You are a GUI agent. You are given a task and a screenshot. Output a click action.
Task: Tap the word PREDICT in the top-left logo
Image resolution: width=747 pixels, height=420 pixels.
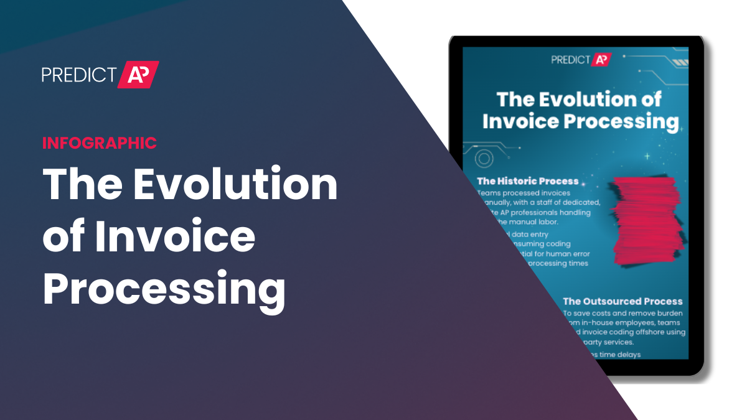click(78, 75)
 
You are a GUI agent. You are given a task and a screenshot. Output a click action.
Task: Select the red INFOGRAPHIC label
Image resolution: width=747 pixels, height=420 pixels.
click(100, 142)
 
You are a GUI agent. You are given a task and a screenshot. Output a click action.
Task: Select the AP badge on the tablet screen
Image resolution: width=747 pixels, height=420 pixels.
click(601, 60)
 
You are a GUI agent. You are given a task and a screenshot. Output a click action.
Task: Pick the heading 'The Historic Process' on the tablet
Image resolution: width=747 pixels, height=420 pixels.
click(527, 181)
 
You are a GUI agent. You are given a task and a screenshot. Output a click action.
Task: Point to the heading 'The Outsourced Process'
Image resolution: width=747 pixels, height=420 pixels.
click(622, 301)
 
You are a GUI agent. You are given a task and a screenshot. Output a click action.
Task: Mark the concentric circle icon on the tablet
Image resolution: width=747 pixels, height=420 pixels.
click(484, 159)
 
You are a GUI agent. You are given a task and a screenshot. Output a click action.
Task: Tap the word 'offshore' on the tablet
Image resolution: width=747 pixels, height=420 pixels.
click(646, 332)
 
